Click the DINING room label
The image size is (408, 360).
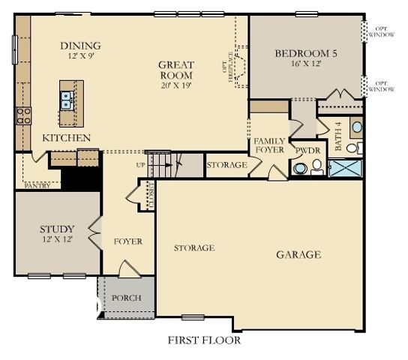pos(80,46)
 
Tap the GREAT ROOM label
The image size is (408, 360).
pos(175,70)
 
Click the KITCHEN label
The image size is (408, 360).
pos(67,138)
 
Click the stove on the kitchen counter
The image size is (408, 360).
pos(23,115)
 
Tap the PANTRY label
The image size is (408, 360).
pos(37,185)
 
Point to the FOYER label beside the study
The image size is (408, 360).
pos(127,241)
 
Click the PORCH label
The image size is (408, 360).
pos(126,298)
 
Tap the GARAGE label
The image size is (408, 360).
pos(298,255)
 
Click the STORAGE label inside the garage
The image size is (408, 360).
pos(194,247)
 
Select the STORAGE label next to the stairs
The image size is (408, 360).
pos(226,165)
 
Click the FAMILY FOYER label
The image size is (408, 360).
pos(268,145)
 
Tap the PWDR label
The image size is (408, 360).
pos(308,151)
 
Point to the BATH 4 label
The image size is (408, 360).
pos(338,136)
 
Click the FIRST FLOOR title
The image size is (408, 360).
pos(203,340)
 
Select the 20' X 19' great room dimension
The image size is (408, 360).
pos(175,85)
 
